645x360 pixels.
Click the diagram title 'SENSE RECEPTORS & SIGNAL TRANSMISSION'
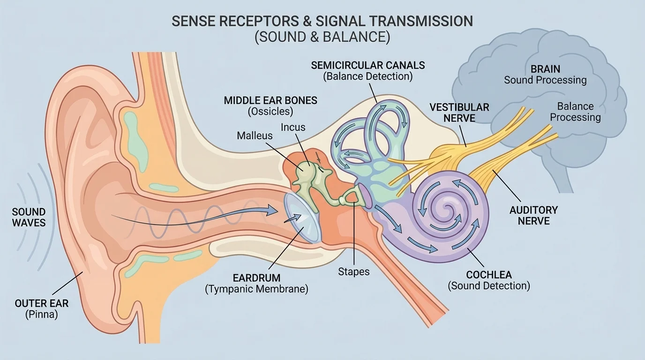point(322,21)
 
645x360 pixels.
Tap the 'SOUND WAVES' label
point(29,217)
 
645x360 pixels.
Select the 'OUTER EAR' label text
point(42,303)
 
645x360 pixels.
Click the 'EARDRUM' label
point(256,277)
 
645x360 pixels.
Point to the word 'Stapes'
point(354,271)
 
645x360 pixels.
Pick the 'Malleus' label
point(255,136)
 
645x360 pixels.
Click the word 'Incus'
point(293,127)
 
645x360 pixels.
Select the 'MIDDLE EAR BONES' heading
point(270,100)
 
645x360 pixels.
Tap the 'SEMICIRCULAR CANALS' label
point(368,65)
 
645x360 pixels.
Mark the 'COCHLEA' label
point(489,275)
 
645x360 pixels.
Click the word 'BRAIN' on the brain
point(545,68)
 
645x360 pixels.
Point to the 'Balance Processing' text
point(575,112)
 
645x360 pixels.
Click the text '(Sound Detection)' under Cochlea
point(489,285)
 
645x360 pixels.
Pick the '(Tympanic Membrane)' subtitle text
point(256,289)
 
